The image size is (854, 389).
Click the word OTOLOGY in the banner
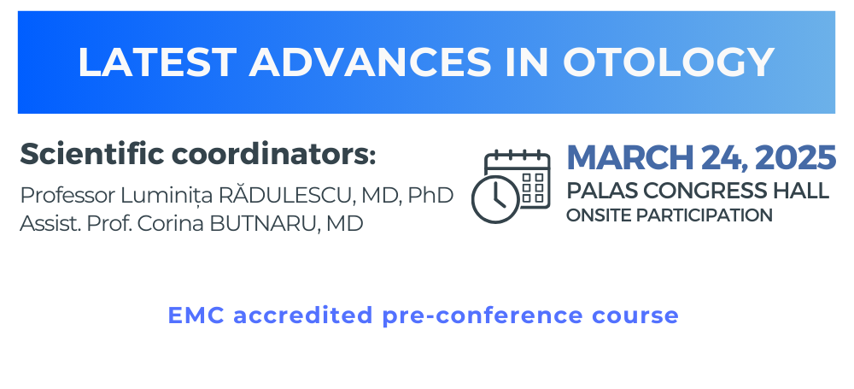tap(669, 62)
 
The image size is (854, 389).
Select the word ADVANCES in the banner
tap(371, 62)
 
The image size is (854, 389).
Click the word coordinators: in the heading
tap(274, 156)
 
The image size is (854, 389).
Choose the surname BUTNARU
tap(265, 224)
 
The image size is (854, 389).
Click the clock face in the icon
tap(495, 199)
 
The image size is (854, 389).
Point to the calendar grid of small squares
tap(532, 188)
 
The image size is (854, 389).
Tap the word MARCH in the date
tap(631, 157)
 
